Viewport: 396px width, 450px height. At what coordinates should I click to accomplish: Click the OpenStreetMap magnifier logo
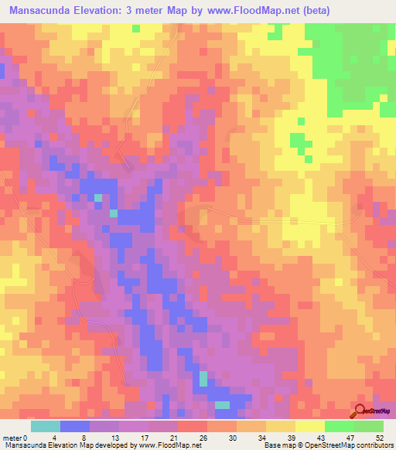(x=360, y=411)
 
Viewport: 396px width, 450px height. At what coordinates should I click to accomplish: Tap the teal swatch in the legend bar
(x=46, y=426)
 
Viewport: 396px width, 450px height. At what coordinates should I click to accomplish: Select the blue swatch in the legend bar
(x=75, y=426)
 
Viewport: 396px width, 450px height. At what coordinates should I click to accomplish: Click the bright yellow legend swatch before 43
(x=309, y=426)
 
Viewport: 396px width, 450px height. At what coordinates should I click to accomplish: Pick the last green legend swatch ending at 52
(x=368, y=426)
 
